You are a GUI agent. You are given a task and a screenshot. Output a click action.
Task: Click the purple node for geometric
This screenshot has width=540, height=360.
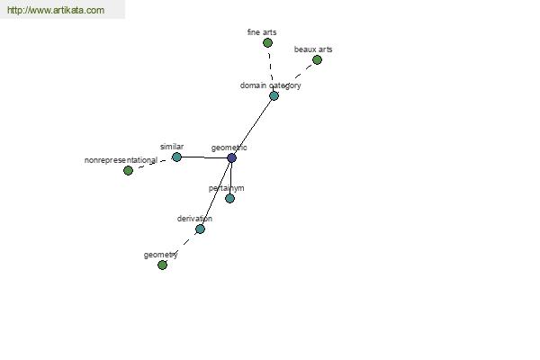pyautogui.click(x=232, y=157)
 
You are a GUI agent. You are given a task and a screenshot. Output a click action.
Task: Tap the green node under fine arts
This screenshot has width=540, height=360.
pyautogui.click(x=267, y=42)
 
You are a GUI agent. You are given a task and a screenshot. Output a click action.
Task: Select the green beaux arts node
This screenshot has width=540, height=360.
pyautogui.click(x=317, y=60)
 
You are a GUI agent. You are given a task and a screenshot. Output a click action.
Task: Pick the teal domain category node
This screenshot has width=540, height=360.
pyautogui.click(x=274, y=95)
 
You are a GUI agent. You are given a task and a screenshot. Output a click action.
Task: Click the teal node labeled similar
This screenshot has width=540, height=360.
pyautogui.click(x=176, y=157)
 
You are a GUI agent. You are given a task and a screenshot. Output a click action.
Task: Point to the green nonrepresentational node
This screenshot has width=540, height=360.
pyautogui.click(x=128, y=170)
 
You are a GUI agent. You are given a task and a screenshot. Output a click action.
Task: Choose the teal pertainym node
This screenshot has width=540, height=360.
pyautogui.click(x=229, y=198)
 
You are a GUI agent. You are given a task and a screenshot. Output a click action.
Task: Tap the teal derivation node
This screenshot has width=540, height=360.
pyautogui.click(x=200, y=229)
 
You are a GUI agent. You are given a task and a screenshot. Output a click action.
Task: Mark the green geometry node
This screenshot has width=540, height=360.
pyautogui.click(x=162, y=265)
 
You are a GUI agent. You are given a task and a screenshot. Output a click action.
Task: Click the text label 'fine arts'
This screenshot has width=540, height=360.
pyautogui.click(x=262, y=32)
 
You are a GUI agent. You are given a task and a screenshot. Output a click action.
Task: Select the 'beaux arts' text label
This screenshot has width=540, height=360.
pyautogui.click(x=313, y=49)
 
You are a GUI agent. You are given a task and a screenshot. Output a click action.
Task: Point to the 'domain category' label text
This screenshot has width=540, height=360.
pyautogui.click(x=270, y=85)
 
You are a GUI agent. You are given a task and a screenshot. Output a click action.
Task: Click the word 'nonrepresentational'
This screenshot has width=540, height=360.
pyautogui.click(x=121, y=160)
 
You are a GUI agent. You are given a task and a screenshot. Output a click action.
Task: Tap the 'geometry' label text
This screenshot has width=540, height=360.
pyautogui.click(x=160, y=255)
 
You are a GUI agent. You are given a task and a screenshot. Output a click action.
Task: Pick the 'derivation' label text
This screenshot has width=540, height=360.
pyautogui.click(x=194, y=219)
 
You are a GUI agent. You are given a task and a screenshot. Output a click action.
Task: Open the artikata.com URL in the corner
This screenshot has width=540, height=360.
pyautogui.click(x=56, y=10)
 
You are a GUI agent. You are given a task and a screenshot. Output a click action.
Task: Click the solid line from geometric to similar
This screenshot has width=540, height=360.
pyautogui.click(x=204, y=157)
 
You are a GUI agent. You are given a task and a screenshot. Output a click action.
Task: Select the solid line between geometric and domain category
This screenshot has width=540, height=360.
pyautogui.click(x=253, y=127)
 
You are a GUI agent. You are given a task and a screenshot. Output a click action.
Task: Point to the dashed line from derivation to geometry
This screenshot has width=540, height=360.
pyautogui.click(x=181, y=247)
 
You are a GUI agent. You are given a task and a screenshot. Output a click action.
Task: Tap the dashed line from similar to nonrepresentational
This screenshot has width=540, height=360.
pyautogui.click(x=152, y=164)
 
